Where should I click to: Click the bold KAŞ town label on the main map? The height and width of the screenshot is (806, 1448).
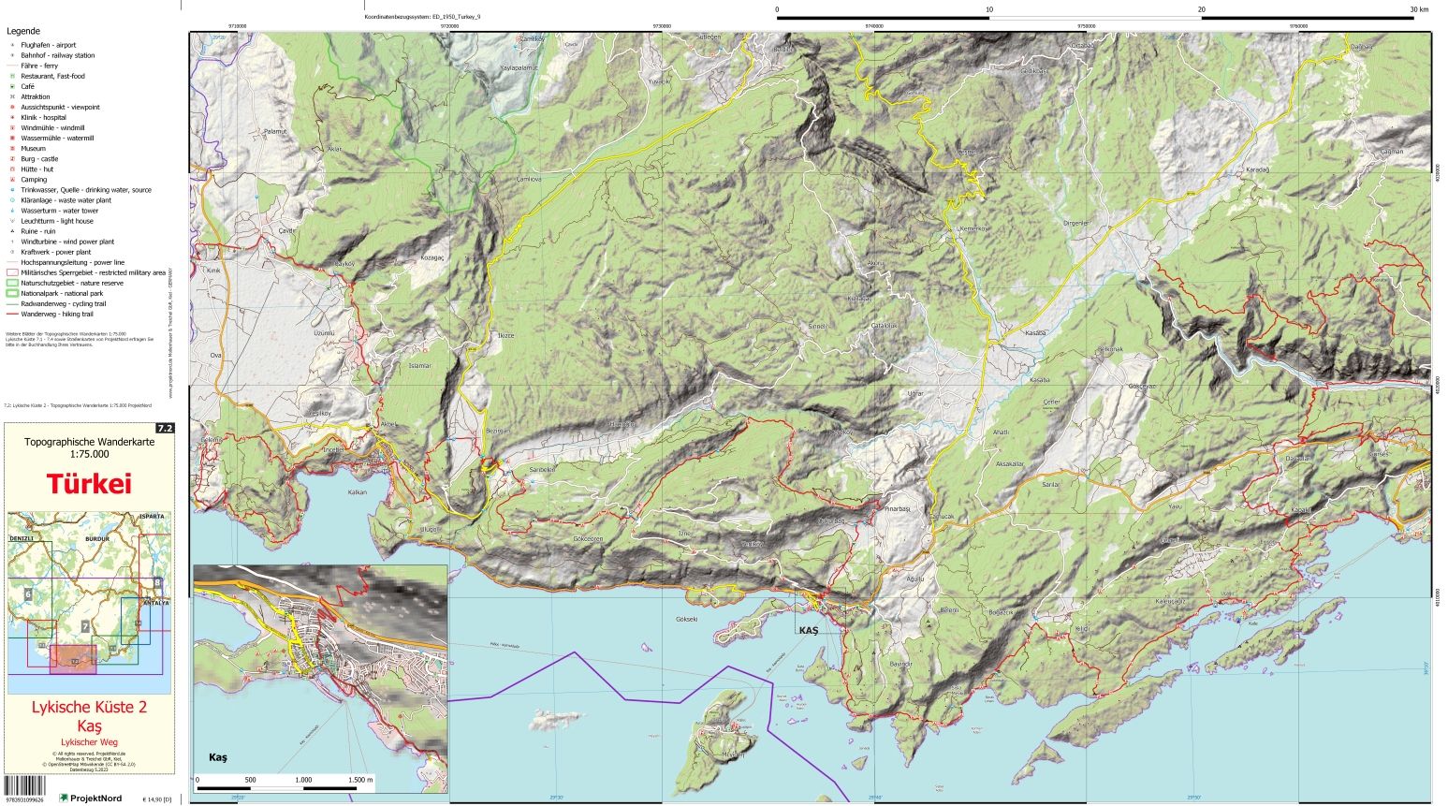[x=809, y=630]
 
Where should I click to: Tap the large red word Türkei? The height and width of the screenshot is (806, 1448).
[x=89, y=484]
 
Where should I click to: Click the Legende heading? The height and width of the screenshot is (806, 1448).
[x=23, y=31]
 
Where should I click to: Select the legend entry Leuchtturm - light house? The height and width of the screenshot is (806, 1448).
[x=57, y=221]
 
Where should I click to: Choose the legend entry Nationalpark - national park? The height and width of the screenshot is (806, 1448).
[x=62, y=293]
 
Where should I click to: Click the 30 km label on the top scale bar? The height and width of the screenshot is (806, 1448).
[x=1419, y=9]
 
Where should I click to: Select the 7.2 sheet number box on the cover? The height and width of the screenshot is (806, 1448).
[x=165, y=429]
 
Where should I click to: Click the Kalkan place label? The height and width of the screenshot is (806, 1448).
[x=357, y=491]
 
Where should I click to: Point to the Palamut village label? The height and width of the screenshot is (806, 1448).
[x=275, y=132]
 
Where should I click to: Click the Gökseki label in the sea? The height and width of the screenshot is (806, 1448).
[x=686, y=620]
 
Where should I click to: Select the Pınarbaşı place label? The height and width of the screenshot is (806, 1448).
[x=897, y=508]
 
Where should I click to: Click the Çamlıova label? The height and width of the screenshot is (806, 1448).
[x=529, y=179]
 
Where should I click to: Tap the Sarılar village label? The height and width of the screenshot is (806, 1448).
[x=1051, y=484]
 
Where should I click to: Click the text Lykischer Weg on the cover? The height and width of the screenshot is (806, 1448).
[x=89, y=741]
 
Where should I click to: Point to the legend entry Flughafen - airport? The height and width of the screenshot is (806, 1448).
[x=49, y=45]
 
